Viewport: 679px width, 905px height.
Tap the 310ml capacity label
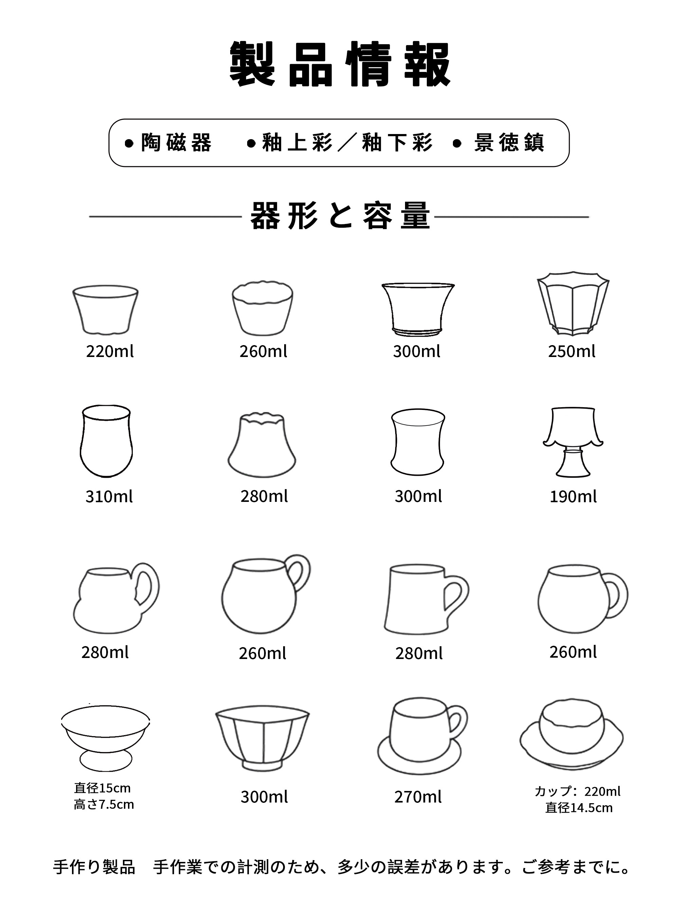(x=109, y=497)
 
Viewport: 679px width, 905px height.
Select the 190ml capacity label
(x=573, y=497)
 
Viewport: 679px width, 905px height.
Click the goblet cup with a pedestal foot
(x=573, y=442)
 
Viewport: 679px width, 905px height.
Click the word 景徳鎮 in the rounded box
(x=509, y=143)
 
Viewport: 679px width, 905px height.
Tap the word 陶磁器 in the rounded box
(x=176, y=143)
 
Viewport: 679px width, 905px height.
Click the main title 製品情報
(x=340, y=64)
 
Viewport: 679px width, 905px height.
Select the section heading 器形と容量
(x=340, y=215)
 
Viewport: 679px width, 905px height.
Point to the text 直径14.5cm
(x=579, y=808)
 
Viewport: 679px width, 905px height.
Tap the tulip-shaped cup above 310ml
(x=106, y=441)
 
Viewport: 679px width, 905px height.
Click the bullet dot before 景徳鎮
(x=458, y=143)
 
